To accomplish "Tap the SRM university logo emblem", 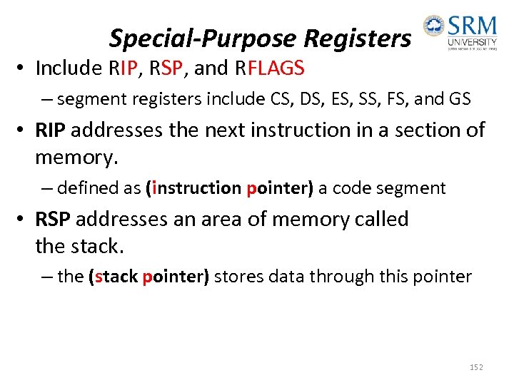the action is point(433,26).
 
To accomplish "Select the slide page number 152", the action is point(476,366).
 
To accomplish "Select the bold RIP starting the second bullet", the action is point(51,130).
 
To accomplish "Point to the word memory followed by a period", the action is point(76,158).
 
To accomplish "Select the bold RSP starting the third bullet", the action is point(52,219).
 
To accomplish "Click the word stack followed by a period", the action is point(100,246).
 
